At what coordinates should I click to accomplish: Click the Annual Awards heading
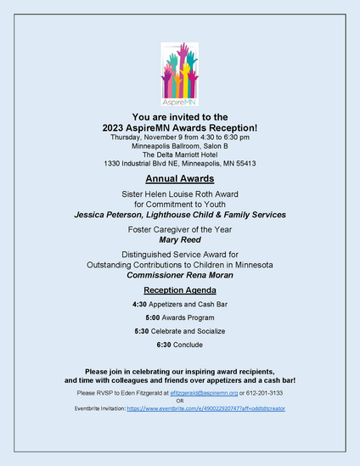click(179, 180)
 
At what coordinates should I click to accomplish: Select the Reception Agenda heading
click(179, 290)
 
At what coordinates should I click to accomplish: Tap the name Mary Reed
click(179, 240)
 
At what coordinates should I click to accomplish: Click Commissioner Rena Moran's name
click(179, 276)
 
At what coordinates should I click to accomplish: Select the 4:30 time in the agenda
click(141, 304)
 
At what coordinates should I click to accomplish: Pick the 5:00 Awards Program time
click(153, 317)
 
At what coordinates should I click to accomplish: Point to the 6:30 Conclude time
click(164, 345)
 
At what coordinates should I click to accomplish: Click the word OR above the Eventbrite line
click(179, 401)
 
